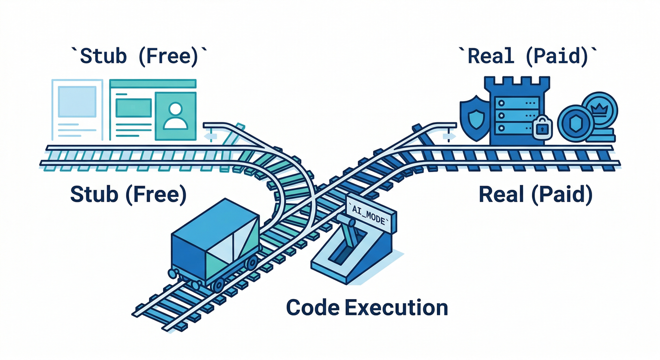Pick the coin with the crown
599,112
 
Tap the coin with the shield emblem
576,123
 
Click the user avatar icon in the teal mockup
175,115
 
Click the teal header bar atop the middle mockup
152,84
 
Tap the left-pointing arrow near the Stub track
211,136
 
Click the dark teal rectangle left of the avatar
133,107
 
